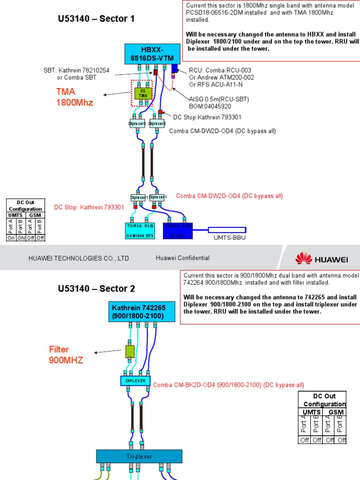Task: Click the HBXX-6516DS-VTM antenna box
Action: pyautogui.click(x=152, y=54)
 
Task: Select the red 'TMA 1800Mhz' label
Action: pyautogui.click(x=75, y=97)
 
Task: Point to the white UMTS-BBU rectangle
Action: pyautogui.click(x=227, y=230)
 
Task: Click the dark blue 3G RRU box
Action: pyautogui.click(x=178, y=231)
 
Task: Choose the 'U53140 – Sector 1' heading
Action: pyautogui.click(x=96, y=19)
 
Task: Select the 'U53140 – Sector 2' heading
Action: pyautogui.click(x=96, y=289)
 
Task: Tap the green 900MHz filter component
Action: pyautogui.click(x=130, y=351)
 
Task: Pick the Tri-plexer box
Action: pyautogui.click(x=139, y=457)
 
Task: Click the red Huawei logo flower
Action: pyautogui.click(x=304, y=258)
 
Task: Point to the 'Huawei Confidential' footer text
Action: pyautogui.click(x=182, y=258)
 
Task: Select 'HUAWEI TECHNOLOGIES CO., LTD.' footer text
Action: pyautogui.click(x=79, y=258)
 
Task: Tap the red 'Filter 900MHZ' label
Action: pyautogui.click(x=65, y=355)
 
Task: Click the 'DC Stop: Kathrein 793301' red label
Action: pyautogui.click(x=89, y=207)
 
